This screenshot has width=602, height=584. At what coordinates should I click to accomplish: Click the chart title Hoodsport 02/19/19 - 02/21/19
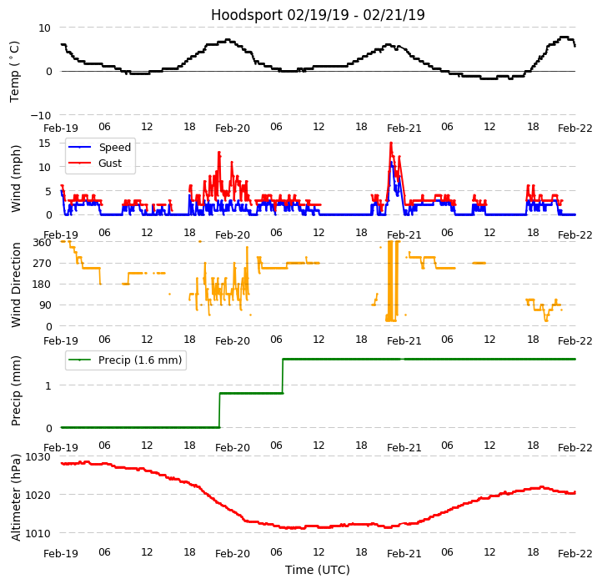[x=318, y=15]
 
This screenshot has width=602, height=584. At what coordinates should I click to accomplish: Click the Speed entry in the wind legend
[x=114, y=148]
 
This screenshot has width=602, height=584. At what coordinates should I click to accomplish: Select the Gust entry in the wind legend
[x=110, y=164]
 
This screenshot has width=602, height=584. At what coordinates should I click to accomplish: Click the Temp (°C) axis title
[x=15, y=71]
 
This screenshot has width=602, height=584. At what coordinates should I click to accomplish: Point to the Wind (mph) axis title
[x=16, y=178]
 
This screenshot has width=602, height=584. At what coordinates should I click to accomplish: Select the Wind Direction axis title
[x=16, y=284]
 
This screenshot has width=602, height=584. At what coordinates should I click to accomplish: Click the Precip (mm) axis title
[x=16, y=390]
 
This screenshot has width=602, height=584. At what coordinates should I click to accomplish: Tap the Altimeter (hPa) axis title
[x=16, y=498]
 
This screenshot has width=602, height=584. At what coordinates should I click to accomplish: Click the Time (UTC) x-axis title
[x=318, y=570]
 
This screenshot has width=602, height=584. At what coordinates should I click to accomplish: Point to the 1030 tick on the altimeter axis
[x=38, y=457]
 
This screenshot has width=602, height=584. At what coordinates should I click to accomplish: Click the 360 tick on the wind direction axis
[x=43, y=243]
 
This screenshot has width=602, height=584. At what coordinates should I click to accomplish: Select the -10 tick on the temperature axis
[x=43, y=115]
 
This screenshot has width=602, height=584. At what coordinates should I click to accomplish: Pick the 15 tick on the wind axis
[x=45, y=143]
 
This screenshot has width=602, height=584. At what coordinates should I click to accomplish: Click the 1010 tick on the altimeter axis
[x=38, y=533]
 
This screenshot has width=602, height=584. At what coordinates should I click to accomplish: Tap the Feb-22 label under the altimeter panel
[x=575, y=553]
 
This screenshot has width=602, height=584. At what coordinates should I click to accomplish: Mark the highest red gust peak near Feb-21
[x=390, y=143]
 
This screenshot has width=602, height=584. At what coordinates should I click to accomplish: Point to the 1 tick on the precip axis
[x=48, y=385]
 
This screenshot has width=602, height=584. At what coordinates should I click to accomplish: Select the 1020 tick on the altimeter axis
[x=38, y=495]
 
